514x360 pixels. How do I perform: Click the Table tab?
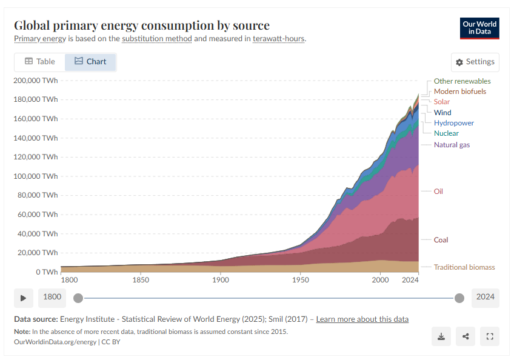pos(40,62)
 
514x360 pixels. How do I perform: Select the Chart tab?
pos(90,62)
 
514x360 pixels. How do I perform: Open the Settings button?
pos(475,62)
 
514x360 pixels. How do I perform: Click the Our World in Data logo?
pos(479,28)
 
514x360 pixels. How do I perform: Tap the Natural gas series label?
pos(452,145)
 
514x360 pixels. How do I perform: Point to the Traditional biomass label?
pos(464,267)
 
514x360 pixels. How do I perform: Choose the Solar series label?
pos(442,102)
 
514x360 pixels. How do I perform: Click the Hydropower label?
pos(453,123)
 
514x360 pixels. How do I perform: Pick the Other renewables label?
pos(462,81)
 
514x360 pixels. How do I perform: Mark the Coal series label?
pos(441,240)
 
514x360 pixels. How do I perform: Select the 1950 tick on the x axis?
pos(300,280)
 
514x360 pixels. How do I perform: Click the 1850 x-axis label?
pos(141,280)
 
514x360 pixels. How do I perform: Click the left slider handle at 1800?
pos(78,298)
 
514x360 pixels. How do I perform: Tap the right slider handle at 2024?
pos(459,298)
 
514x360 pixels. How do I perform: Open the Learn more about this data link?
pos(362,319)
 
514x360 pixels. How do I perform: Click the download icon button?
pos(441,336)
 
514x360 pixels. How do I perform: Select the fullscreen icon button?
pos(490,336)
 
